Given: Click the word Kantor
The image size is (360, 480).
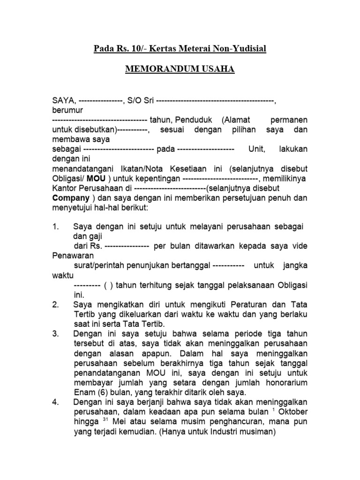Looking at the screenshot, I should click(x=64, y=188).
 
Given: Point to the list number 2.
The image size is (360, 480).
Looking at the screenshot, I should click(x=55, y=305).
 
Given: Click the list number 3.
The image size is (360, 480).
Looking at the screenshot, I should click(x=55, y=334).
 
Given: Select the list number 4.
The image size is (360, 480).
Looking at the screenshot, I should click(x=55, y=402).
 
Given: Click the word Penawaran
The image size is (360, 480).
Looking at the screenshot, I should click(x=73, y=256).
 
